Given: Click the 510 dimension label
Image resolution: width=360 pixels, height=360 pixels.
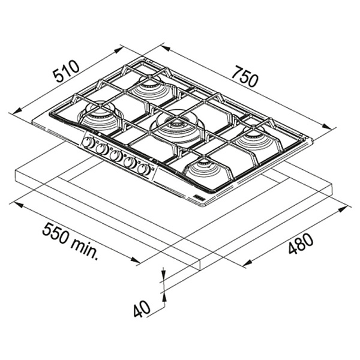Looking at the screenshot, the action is coord(66,71).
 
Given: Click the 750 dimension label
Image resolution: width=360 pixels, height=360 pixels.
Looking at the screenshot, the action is coord(245,76).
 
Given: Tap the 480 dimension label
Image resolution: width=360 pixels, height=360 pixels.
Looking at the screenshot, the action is coord(301,244).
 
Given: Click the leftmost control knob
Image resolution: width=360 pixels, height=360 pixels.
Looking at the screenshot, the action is coord(88,143).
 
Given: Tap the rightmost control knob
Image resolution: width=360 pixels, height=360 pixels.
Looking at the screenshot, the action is coord(144,169).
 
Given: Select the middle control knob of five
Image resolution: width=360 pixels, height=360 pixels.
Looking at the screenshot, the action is coord(116,156).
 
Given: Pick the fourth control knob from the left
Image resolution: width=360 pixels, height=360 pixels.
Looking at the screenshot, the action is coord(130,163).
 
